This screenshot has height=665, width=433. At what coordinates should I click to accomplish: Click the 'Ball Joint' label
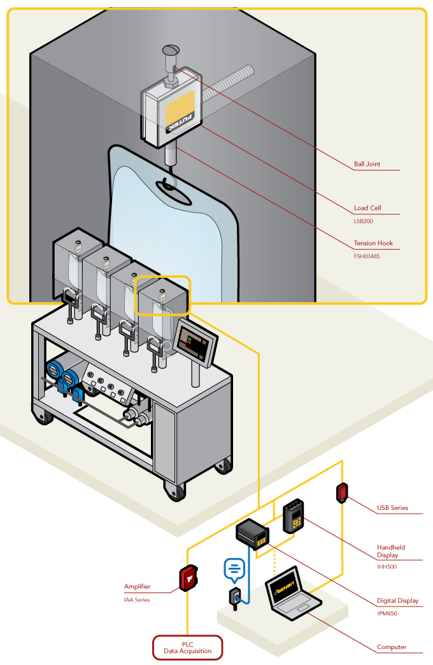click(367, 164)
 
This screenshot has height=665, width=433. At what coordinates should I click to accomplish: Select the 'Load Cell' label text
click(367, 209)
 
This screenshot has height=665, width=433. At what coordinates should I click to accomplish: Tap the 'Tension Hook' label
click(374, 243)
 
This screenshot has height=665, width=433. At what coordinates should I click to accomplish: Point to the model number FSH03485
click(367, 257)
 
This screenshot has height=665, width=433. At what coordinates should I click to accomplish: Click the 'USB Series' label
click(392, 508)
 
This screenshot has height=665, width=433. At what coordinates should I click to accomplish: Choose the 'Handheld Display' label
click(391, 551)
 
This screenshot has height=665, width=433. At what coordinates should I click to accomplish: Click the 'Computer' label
click(392, 647)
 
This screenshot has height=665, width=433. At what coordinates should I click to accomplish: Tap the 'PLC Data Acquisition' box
click(187, 647)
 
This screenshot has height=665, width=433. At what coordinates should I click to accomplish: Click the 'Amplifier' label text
click(138, 587)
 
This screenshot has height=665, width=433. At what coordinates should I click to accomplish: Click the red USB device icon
click(343, 492)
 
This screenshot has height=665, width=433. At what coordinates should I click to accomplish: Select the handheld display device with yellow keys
click(294, 514)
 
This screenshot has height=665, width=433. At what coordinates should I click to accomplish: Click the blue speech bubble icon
click(234, 568)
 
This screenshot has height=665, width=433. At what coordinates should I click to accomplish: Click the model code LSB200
click(363, 222)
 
